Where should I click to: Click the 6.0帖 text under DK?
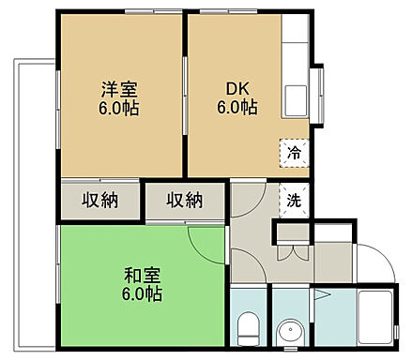[x=236, y=108]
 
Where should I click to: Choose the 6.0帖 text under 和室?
[x=142, y=293]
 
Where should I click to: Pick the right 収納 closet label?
[x=185, y=200]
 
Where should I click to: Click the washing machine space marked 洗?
[x=293, y=199]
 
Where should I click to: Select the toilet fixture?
[x=248, y=329]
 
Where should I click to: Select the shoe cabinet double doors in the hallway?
[x=292, y=251]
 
